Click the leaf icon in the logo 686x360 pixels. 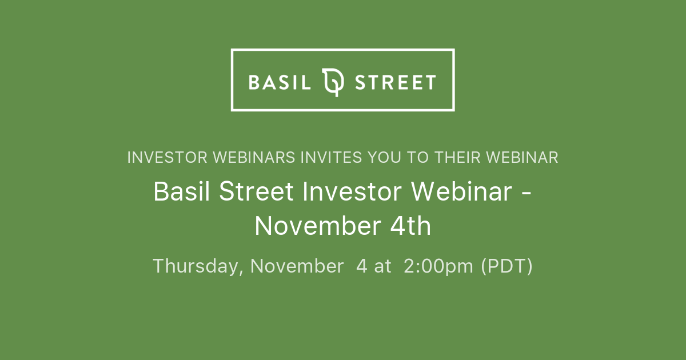tap(333, 82)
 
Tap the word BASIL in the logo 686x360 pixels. tap(280, 82)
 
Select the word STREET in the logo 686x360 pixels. tap(396, 82)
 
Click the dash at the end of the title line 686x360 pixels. tap(527, 193)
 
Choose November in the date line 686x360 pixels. tap(297, 266)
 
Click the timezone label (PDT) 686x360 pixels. tap(506, 266)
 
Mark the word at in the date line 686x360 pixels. tap(383, 266)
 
